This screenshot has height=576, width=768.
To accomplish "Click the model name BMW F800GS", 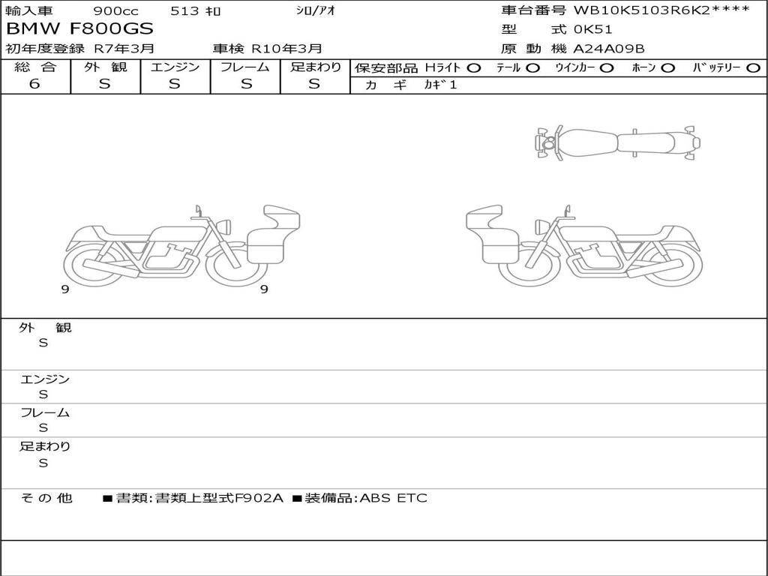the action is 79,29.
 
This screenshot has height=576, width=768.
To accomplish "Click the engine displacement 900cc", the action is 115,10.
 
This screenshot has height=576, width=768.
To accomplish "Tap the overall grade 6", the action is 34,84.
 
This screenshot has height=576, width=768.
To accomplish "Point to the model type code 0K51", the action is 592,29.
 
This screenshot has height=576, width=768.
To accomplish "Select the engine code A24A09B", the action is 609,49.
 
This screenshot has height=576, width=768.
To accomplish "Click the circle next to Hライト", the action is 474,68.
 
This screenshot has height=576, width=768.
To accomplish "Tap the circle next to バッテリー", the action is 753,68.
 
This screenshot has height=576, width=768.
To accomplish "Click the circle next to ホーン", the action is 668,68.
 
